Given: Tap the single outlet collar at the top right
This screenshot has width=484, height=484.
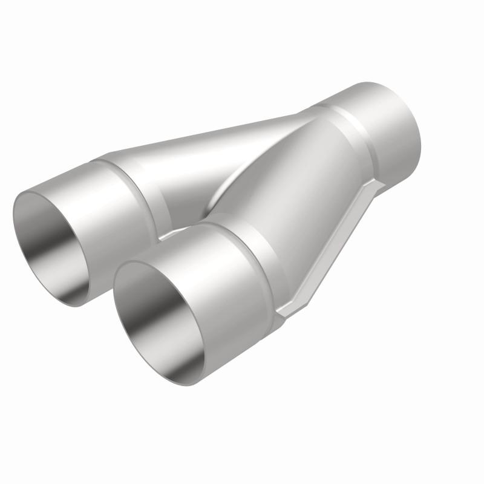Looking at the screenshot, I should pyautogui.click(x=387, y=133).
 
